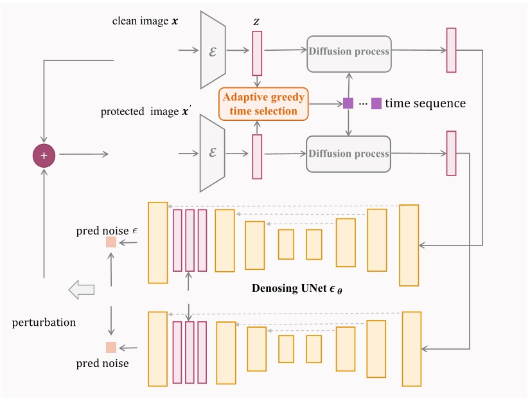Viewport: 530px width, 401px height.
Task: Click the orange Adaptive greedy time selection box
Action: (x=264, y=103)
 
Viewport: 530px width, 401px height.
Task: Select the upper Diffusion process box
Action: (x=349, y=51)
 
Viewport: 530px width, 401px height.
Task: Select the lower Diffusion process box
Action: (x=349, y=154)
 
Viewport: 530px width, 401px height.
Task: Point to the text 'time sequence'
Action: (x=425, y=103)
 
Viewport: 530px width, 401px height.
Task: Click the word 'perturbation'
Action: (x=44, y=322)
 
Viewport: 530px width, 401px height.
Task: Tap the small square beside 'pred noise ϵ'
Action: (x=111, y=242)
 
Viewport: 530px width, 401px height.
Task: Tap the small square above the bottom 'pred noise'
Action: (x=111, y=348)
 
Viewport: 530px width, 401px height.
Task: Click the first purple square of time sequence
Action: (x=348, y=103)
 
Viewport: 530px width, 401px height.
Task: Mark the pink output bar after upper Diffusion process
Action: (x=451, y=50)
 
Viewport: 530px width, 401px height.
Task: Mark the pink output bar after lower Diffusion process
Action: (x=451, y=153)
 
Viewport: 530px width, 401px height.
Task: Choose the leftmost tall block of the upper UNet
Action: (x=157, y=242)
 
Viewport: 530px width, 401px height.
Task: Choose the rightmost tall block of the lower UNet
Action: (x=412, y=349)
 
